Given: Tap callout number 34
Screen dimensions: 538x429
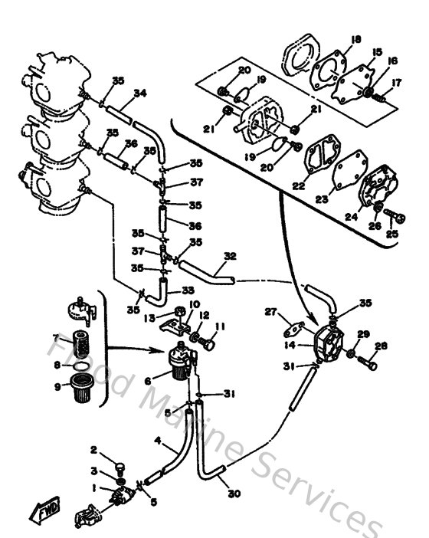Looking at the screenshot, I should click(139, 94).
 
